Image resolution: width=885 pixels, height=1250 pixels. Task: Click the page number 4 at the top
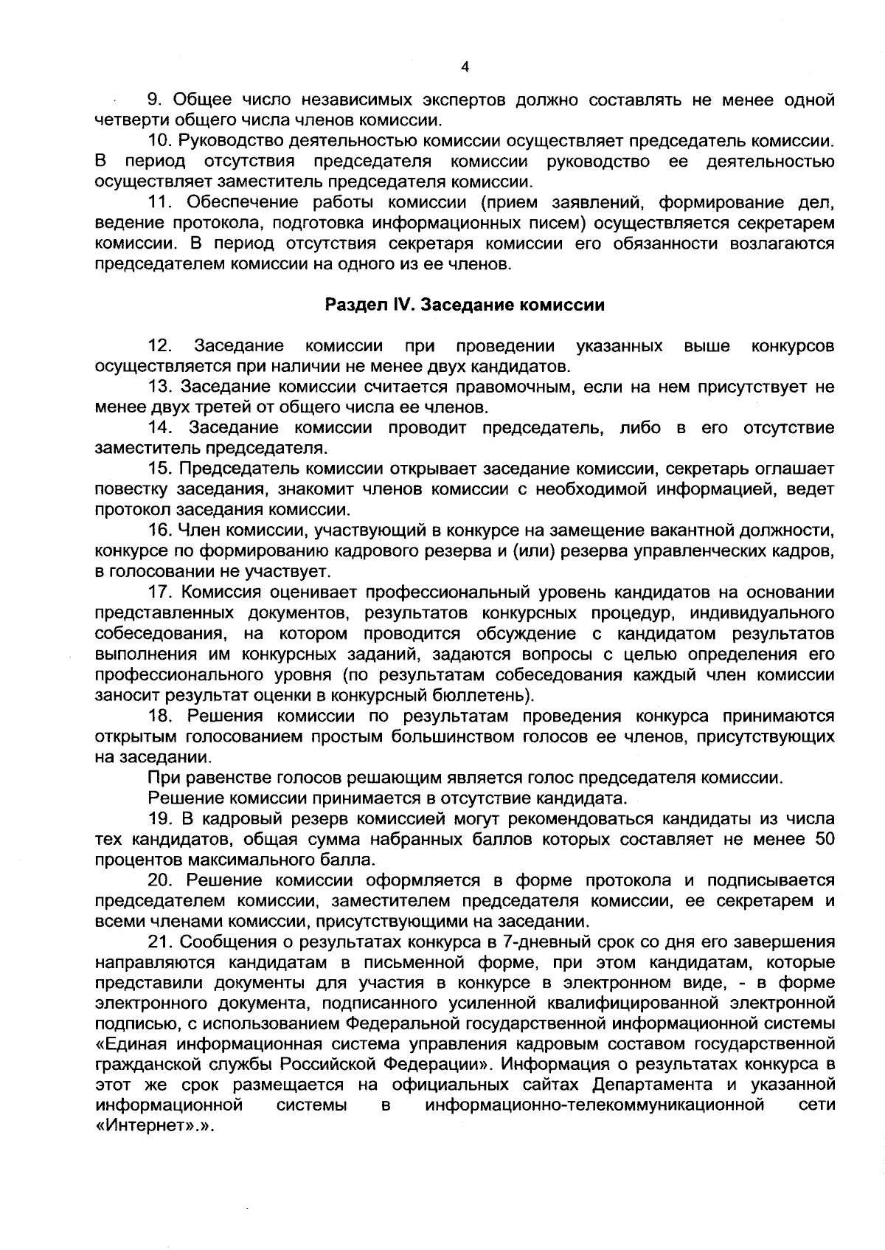[x=465, y=67]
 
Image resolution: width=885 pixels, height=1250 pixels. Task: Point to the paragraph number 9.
[x=155, y=100]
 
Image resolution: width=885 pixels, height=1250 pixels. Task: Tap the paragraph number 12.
[x=161, y=346]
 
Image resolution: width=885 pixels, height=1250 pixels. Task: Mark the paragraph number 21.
[x=160, y=942]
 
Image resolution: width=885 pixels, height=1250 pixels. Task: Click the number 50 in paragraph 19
[x=824, y=839]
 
